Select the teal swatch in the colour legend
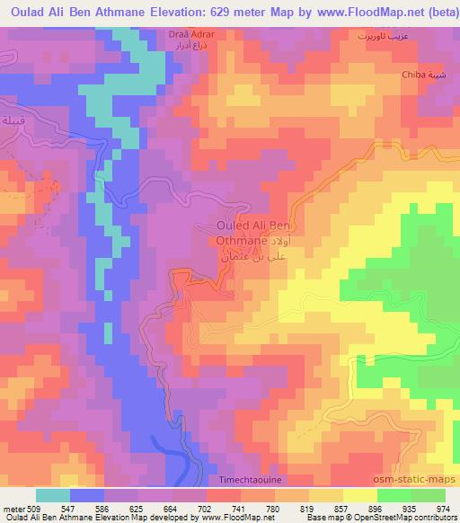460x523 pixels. (x=53, y=495)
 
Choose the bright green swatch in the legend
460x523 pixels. (x=394, y=495)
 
